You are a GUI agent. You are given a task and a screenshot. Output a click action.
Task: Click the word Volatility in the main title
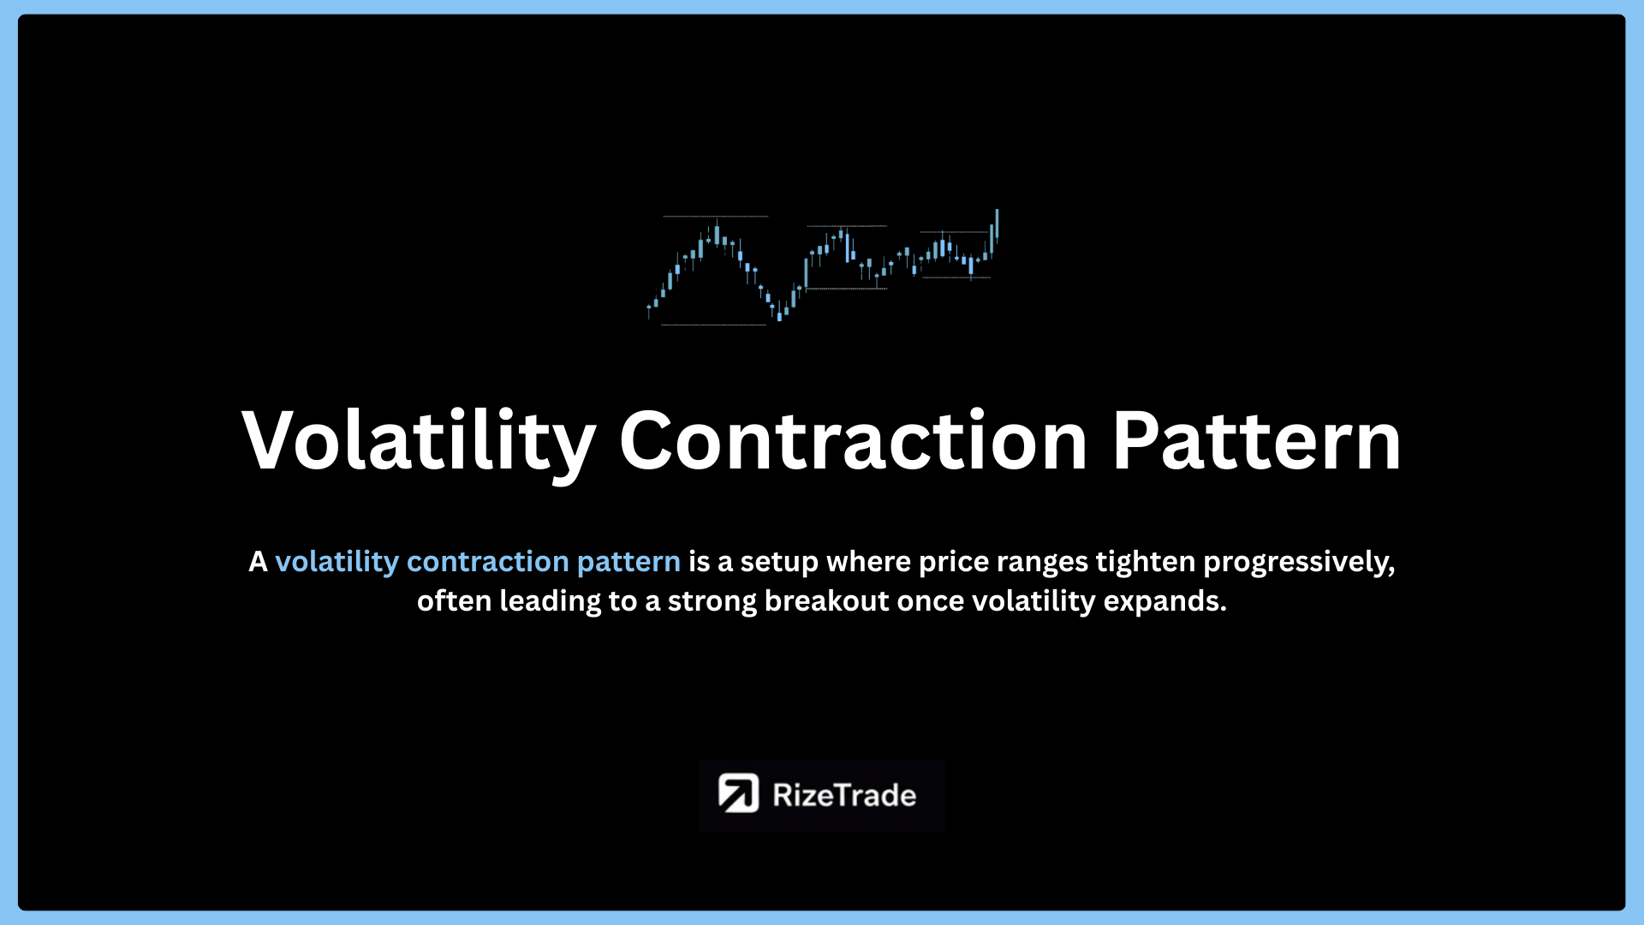click(419, 440)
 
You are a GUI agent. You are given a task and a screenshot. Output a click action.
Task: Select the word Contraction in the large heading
click(853, 440)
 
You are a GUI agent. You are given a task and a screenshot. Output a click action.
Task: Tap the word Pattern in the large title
click(1256, 440)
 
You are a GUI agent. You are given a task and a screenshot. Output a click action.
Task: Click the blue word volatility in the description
click(337, 562)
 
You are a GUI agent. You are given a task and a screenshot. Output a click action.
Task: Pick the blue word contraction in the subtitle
click(488, 562)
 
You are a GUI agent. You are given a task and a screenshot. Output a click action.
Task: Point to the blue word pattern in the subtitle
click(628, 563)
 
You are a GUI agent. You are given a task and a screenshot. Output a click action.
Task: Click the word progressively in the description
click(1299, 563)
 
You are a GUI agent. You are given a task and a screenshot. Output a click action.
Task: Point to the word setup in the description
click(779, 563)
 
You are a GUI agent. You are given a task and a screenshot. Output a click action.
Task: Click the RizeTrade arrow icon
click(738, 793)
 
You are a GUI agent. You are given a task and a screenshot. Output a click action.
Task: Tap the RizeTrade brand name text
click(844, 795)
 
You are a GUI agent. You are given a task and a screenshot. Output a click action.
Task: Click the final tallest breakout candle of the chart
click(997, 224)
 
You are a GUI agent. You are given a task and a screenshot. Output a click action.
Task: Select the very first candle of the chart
click(648, 310)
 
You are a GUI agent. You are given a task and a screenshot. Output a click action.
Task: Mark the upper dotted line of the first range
click(716, 217)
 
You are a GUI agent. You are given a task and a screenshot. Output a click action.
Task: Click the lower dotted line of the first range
click(714, 325)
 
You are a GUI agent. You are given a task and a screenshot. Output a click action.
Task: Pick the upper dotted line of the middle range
click(847, 226)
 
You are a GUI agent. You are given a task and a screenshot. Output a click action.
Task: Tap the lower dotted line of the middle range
click(847, 289)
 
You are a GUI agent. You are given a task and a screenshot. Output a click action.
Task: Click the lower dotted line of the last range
click(956, 277)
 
